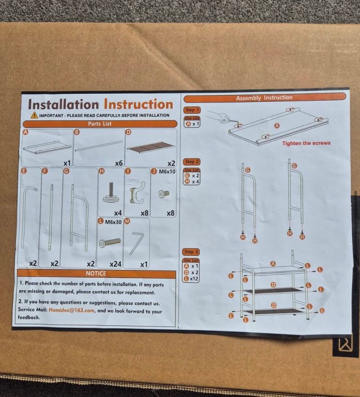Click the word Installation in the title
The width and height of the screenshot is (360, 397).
click(x=63, y=105)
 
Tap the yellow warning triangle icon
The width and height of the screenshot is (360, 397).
click(x=34, y=115)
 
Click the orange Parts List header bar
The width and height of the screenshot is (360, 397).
click(x=100, y=124)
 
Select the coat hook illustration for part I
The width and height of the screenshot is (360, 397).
click(x=137, y=193)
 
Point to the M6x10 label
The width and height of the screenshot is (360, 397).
click(x=167, y=172)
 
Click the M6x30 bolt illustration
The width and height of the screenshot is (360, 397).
click(x=110, y=243)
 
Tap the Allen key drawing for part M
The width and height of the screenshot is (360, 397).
click(x=137, y=243)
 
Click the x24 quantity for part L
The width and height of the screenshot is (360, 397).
click(x=115, y=264)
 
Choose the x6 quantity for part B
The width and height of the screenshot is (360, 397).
click(x=119, y=163)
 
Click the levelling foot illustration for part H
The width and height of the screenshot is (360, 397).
click(x=111, y=192)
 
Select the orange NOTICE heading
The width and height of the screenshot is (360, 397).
click(x=96, y=273)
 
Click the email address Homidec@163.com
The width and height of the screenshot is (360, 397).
click(x=72, y=310)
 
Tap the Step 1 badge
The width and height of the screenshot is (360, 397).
click(x=191, y=110)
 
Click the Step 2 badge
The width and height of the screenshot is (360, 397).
click(x=192, y=162)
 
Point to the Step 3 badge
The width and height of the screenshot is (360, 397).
click(x=191, y=252)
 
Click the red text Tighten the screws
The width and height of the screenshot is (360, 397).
click(x=307, y=143)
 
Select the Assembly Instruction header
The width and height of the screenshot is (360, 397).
click(x=264, y=98)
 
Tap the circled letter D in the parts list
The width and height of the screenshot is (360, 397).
click(x=128, y=132)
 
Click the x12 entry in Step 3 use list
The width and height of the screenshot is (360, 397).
click(x=194, y=279)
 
